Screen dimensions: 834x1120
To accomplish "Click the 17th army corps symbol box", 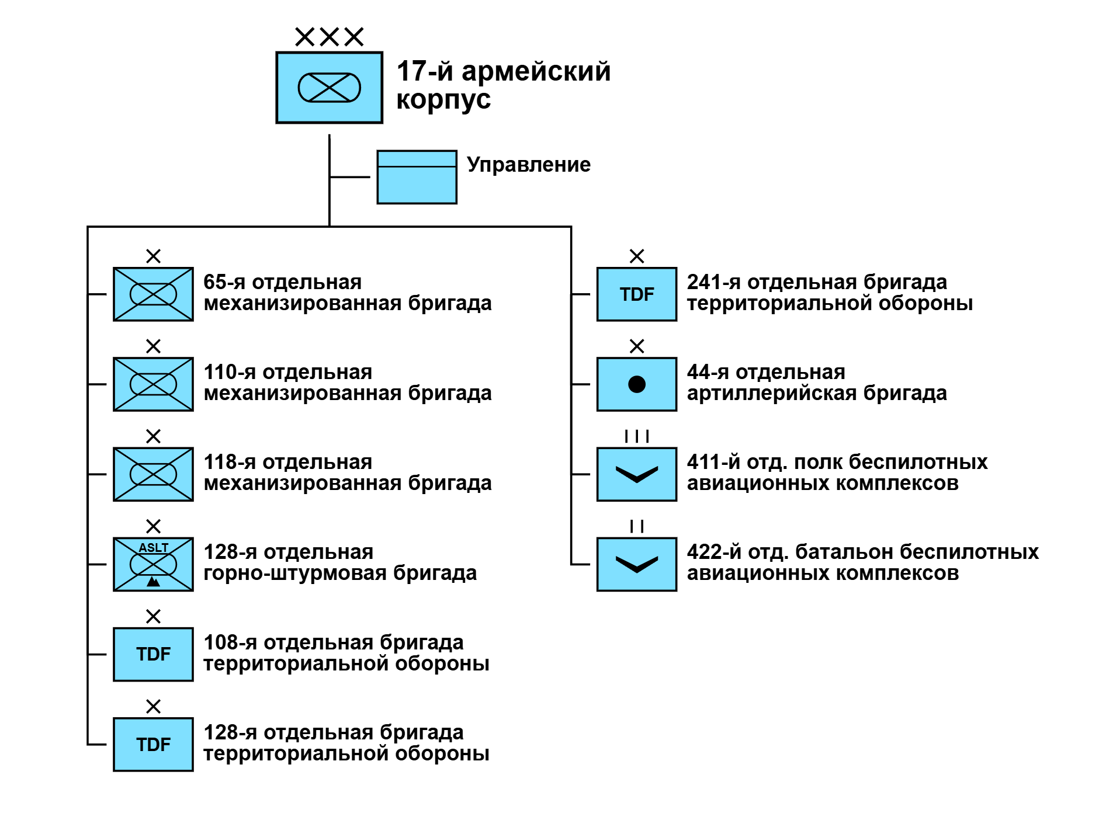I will [x=329, y=88].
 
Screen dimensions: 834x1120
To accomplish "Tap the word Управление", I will [x=528, y=165].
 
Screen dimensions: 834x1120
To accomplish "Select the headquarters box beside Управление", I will [x=417, y=177].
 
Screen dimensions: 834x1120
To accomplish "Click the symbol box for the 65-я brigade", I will [x=153, y=294].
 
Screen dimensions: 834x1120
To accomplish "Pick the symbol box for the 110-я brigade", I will [x=153, y=384].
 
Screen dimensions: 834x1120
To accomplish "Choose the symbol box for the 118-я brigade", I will [x=153, y=474].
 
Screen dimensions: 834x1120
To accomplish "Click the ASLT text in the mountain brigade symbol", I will [x=154, y=548].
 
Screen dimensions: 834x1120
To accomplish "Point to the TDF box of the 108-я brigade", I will [x=153, y=654].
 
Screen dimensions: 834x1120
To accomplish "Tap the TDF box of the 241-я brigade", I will [x=636, y=294].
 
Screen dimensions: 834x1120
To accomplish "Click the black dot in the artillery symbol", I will [x=636, y=384].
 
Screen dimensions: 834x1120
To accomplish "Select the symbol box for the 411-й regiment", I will [x=636, y=474].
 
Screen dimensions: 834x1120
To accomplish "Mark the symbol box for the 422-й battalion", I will [x=636, y=564].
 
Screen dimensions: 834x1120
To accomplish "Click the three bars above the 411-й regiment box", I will [x=636, y=436].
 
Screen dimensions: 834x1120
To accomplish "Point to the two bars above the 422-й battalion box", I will [x=637, y=526].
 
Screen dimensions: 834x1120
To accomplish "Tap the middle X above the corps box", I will [x=330, y=37].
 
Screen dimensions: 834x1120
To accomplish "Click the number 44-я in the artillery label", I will [x=708, y=372].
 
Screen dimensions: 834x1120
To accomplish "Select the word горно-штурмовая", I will [x=295, y=574].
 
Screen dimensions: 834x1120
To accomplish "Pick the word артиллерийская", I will [x=771, y=394].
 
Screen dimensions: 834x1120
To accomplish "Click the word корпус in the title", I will [x=443, y=99].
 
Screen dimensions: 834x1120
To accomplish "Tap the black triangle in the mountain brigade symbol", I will [x=153, y=582].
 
